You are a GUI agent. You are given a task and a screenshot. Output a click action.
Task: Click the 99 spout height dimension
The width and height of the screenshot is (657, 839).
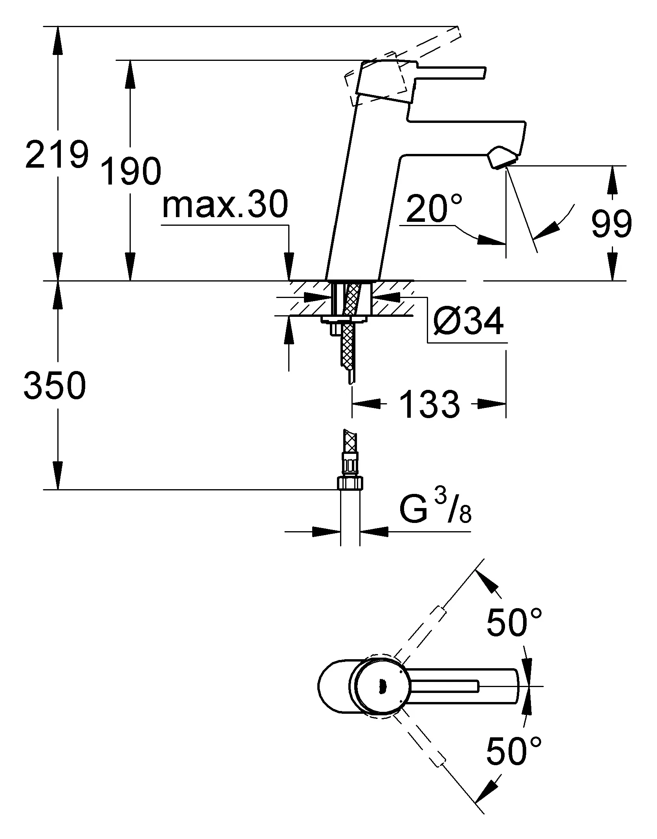pos(611,224)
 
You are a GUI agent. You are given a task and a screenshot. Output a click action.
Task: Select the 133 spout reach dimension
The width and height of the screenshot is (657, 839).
pos(429,404)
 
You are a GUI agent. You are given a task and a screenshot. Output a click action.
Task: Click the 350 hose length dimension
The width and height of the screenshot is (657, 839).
pos(55,385)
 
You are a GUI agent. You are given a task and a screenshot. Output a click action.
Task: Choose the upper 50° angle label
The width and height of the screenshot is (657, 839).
pos(514,622)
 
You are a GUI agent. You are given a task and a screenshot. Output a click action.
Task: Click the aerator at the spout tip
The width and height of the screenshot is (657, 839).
pos(502,158)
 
